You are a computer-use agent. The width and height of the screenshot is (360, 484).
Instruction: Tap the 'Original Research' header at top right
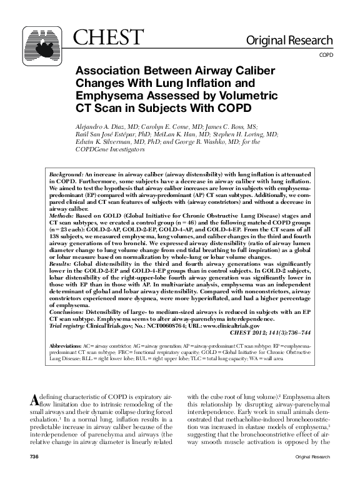[x=289, y=41]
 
